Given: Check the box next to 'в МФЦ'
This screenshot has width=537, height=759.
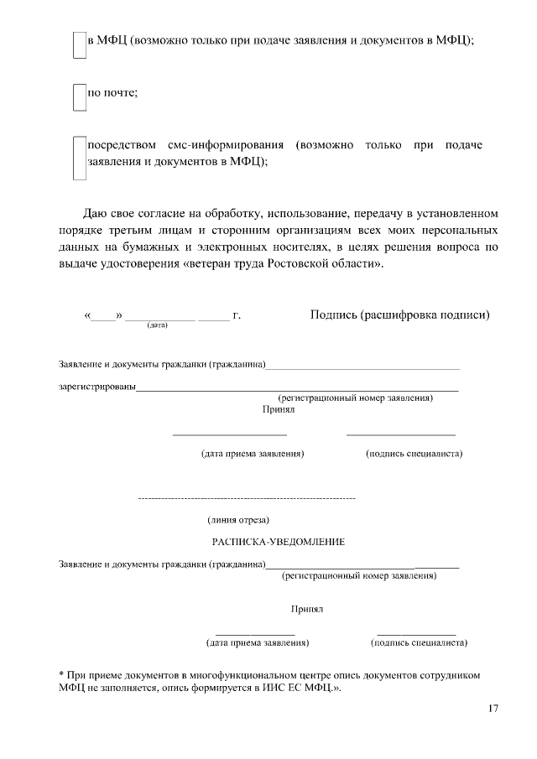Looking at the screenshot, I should pos(79,45).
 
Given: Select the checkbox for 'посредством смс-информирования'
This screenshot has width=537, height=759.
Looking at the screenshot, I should pos(79,159).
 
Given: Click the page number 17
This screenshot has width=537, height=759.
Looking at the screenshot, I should pos(493,709).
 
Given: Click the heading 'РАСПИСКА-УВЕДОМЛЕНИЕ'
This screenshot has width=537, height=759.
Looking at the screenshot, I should pos(278,542).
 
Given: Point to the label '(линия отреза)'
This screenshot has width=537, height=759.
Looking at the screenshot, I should pos(238,520).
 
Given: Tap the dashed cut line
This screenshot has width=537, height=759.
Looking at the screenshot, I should pos(246,499).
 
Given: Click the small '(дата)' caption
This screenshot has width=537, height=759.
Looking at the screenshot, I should pos(157,325).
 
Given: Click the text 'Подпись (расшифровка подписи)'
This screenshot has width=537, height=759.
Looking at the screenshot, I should pos(399,315).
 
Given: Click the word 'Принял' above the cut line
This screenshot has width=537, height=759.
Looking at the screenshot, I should pos(279,410).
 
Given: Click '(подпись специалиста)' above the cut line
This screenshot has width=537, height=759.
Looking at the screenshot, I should pos(414,454).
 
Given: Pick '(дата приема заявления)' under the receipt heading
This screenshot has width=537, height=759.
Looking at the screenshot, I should pos(258,643).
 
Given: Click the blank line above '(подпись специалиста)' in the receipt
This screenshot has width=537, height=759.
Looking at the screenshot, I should pos(416,633).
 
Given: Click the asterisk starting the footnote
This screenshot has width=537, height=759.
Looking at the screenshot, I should pos(61,673).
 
